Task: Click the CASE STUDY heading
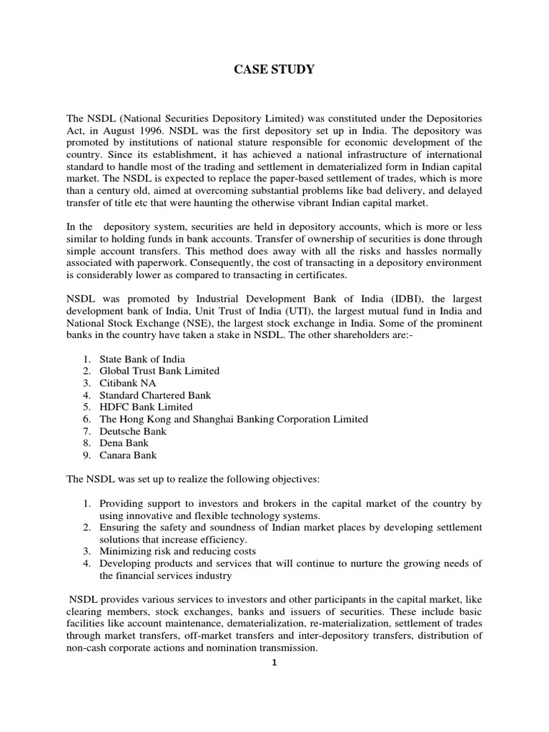pos(274,70)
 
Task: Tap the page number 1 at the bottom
pos(274,662)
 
